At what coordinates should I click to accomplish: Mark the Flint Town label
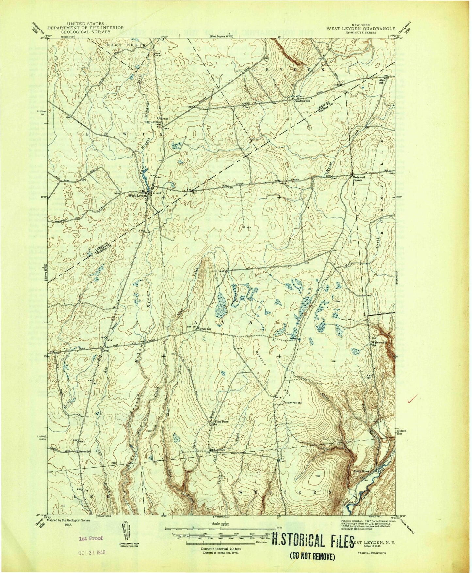(x=221, y=422)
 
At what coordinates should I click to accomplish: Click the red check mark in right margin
(x=413, y=398)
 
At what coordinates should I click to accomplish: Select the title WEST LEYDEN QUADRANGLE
(x=361, y=28)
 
